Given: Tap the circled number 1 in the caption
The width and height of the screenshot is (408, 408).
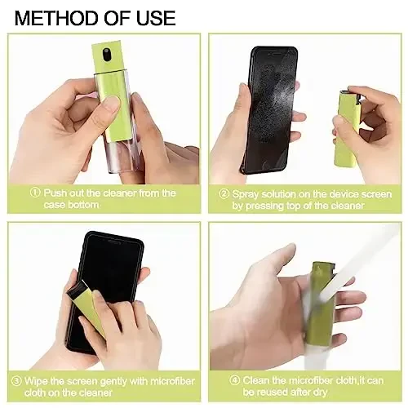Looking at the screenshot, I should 35,193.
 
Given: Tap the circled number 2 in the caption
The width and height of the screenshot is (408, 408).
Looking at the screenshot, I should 224,194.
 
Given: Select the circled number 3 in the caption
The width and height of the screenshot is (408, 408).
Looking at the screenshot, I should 17,379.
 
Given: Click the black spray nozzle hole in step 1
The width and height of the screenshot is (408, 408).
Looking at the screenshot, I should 109,55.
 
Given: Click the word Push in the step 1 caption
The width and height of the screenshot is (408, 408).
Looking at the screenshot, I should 57,193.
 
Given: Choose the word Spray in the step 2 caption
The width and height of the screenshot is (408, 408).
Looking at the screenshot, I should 247,194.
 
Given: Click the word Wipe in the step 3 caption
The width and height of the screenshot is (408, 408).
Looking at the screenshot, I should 38,379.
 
